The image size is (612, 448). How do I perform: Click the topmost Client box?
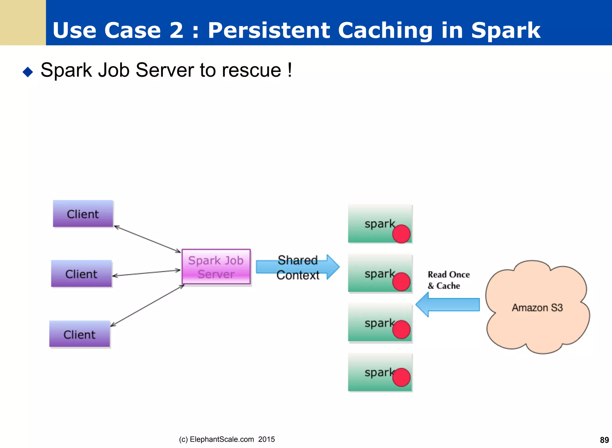coord(83,214)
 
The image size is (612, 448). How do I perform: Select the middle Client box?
coord(81,273)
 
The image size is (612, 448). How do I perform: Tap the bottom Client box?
coord(79,334)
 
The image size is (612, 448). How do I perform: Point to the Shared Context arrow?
coord(297,267)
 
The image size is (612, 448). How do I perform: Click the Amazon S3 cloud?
coord(537,307)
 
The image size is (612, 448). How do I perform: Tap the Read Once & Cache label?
coord(448,280)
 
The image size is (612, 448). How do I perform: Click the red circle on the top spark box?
coord(401,234)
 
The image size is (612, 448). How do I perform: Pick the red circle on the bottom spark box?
coord(401,377)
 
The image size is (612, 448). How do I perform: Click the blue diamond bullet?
coord(28,72)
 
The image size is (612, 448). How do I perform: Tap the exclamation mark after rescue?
coord(290,70)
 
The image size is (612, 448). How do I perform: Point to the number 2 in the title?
coord(176,30)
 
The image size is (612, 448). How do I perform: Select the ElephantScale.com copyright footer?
coord(227,439)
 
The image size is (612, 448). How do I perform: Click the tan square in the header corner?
coord(23,22)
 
